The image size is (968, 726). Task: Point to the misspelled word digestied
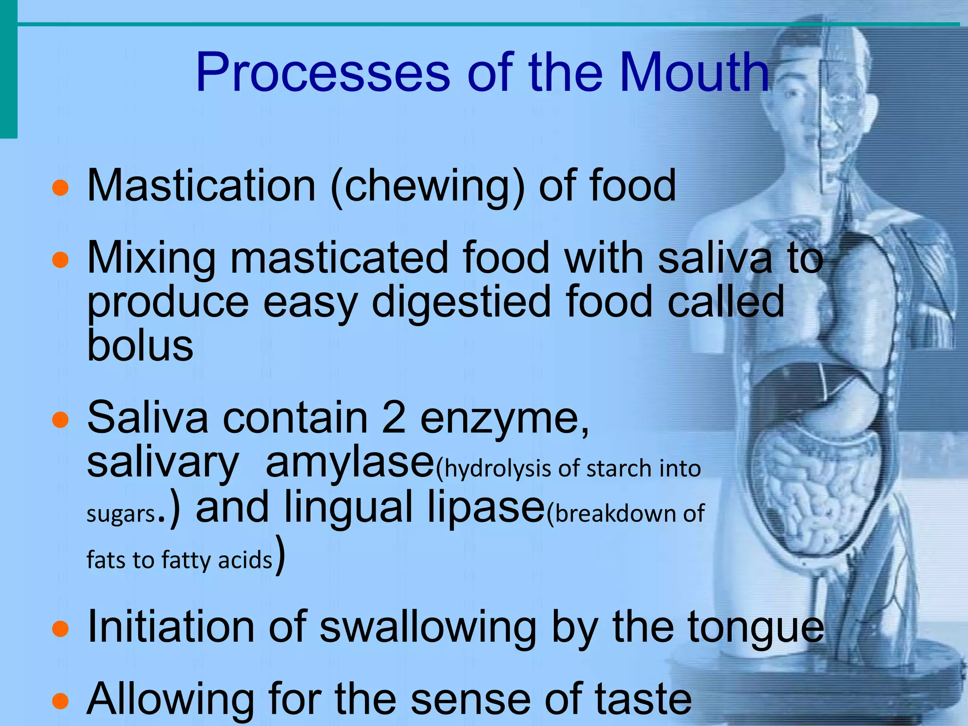[x=461, y=303]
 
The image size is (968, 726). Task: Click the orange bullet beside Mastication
[x=60, y=188]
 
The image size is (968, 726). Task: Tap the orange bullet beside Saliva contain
[x=60, y=419]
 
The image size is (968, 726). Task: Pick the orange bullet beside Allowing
[x=60, y=701]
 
